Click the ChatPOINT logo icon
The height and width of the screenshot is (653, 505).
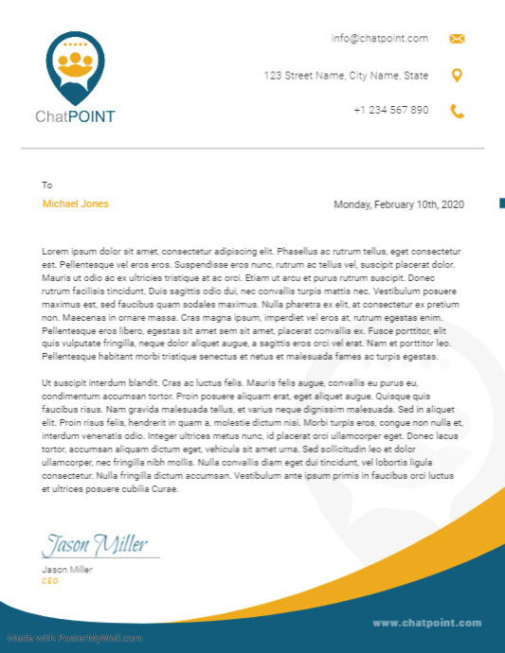(75, 67)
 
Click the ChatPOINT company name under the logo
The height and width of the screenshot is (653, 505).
(75, 117)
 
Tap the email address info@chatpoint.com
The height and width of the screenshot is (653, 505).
(379, 39)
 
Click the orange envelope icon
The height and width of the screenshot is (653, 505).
(457, 39)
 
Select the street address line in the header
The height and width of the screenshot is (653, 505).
(346, 76)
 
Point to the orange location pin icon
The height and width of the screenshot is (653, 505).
(457, 76)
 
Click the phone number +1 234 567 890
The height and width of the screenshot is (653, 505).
(390, 110)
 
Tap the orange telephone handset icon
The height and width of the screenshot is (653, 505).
(457, 111)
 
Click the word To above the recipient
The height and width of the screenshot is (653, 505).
(47, 185)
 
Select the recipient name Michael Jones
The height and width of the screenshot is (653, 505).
(76, 204)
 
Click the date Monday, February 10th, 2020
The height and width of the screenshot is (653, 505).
(399, 204)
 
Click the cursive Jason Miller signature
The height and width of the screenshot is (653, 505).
(95, 545)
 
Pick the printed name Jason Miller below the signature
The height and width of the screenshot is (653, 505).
(67, 570)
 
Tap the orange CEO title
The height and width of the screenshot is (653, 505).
(50, 581)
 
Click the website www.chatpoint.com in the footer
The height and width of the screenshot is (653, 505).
(427, 623)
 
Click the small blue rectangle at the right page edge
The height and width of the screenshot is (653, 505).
(501, 203)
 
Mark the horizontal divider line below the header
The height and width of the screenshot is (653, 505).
(253, 149)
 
